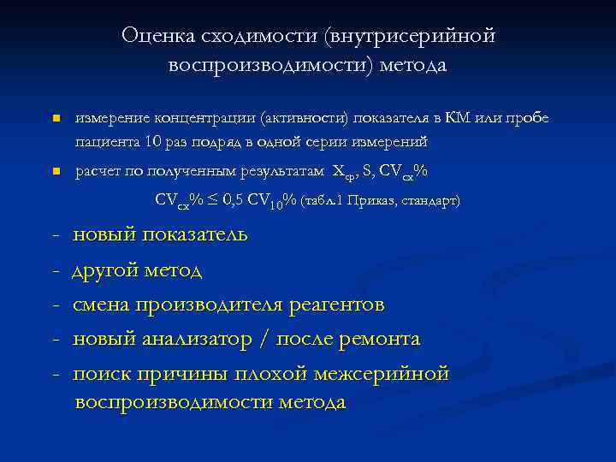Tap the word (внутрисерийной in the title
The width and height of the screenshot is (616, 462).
pyautogui.click(x=409, y=35)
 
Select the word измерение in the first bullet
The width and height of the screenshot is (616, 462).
pyautogui.click(x=113, y=117)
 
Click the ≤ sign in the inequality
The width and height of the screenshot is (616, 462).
pyautogui.click(x=214, y=200)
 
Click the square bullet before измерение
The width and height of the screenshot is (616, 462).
pyautogui.click(x=54, y=117)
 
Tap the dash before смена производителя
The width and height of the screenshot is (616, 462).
pyautogui.click(x=56, y=305)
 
